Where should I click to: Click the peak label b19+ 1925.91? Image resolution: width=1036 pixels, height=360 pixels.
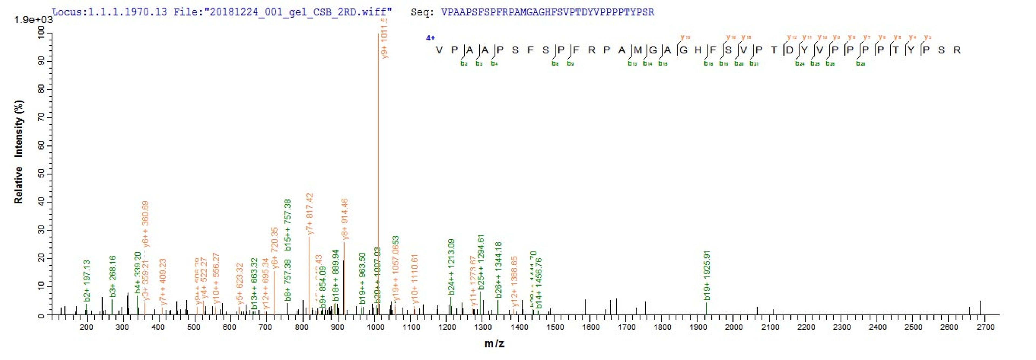tap(707, 275)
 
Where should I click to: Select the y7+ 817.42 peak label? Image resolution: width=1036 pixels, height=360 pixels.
tap(310, 213)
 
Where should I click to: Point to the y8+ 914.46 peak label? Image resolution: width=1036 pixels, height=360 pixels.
tap(345, 219)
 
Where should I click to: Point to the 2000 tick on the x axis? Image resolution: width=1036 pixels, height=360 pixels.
tap(734, 327)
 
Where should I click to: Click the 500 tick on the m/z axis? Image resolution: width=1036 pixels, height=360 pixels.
tap(194, 327)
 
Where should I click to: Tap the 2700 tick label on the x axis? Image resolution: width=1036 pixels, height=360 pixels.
tap(985, 327)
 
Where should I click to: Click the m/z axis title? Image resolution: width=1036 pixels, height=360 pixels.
tap(494, 344)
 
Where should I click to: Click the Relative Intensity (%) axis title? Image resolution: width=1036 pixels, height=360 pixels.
tap(19, 152)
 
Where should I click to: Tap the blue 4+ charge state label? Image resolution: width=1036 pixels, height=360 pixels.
tap(430, 38)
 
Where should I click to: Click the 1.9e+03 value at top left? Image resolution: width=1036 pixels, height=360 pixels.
tap(33, 20)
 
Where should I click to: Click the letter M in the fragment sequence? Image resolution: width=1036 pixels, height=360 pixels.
tap(638, 50)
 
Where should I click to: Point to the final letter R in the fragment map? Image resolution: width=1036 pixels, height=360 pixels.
tap(957, 50)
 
